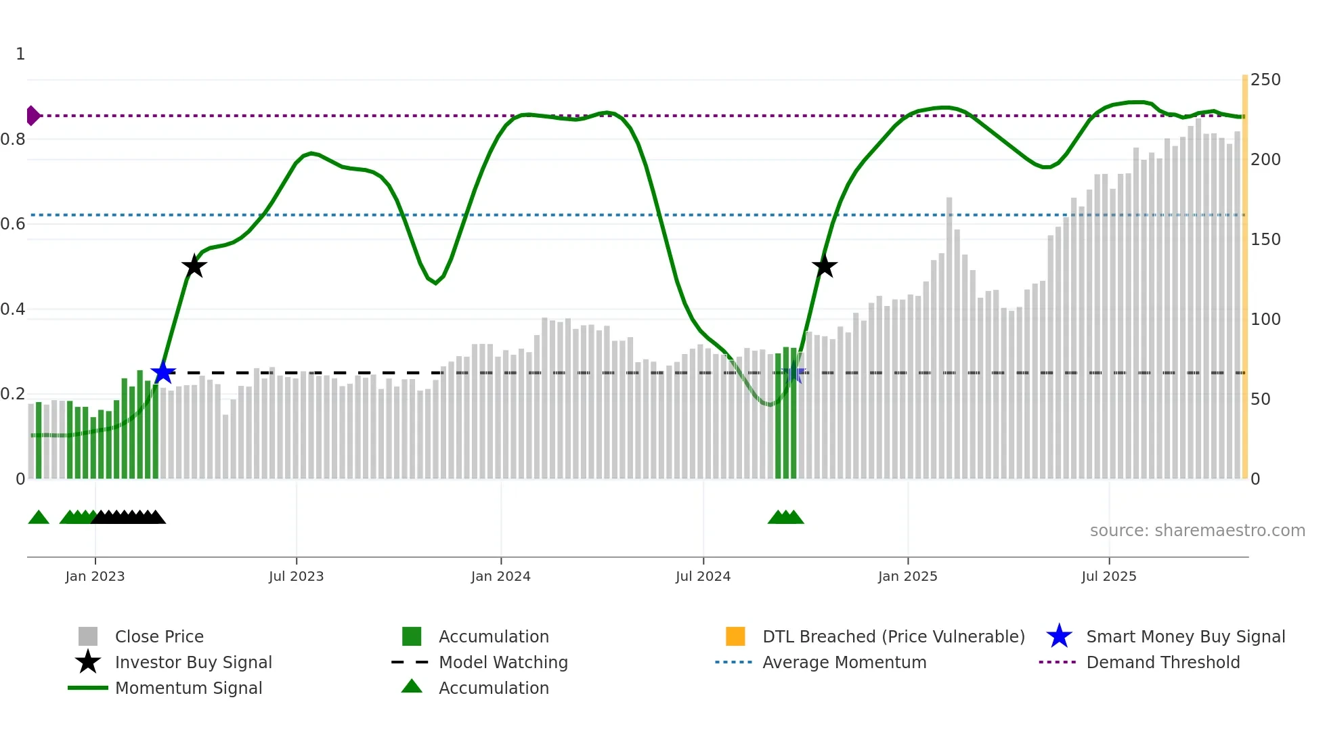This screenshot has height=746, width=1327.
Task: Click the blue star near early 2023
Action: pyautogui.click(x=163, y=372)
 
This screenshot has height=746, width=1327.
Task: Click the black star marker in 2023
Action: pyautogui.click(x=194, y=266)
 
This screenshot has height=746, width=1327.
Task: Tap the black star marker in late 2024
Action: pyautogui.click(x=824, y=266)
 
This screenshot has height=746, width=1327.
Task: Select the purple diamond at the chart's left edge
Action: pyautogui.click(x=32, y=116)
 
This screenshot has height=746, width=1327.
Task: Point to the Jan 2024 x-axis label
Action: pyautogui.click(x=500, y=577)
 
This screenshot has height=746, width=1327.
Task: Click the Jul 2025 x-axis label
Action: pyautogui.click(x=1108, y=577)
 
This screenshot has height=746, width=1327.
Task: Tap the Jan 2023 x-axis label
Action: pyautogui.click(x=95, y=577)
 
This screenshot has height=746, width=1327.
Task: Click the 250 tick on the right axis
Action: pyautogui.click(x=1265, y=80)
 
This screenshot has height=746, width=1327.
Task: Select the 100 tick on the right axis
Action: pyautogui.click(x=1265, y=320)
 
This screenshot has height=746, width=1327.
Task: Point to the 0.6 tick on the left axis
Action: pyautogui.click(x=14, y=224)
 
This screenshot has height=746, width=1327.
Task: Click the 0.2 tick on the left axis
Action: pyautogui.click(x=14, y=394)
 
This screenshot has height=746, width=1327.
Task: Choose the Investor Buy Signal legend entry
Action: pyautogui.click(x=193, y=662)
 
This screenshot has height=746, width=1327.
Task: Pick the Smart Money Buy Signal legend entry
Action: pyautogui.click(x=1185, y=636)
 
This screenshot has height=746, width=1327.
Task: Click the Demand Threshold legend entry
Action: pyautogui.click(x=1162, y=662)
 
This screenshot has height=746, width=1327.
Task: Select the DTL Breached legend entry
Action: pyautogui.click(x=893, y=636)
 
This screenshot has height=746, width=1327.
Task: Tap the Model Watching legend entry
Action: pyautogui.click(x=503, y=662)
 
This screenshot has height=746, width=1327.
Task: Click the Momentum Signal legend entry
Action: pyautogui.click(x=188, y=688)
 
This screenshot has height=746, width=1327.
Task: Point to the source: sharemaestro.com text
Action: pyautogui.click(x=1197, y=531)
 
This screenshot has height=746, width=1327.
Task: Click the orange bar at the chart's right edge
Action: pyautogui.click(x=1244, y=271)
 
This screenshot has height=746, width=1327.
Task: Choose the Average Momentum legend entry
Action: pyautogui.click(x=844, y=662)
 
